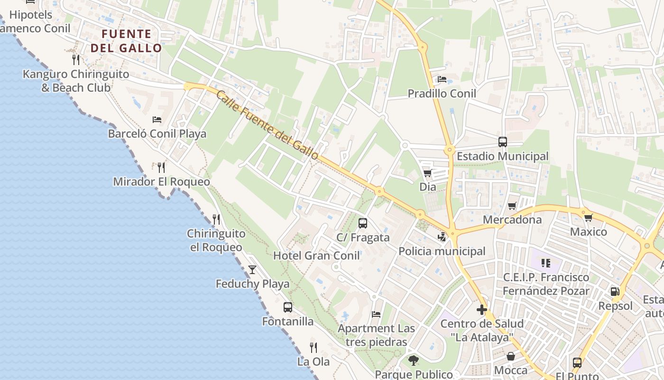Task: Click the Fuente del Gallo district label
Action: (126, 41)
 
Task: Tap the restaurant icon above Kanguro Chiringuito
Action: (75, 59)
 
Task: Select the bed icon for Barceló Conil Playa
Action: (157, 119)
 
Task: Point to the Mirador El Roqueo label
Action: (161, 182)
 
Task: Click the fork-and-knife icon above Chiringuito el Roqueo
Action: (216, 219)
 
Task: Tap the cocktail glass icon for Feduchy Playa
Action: (252, 270)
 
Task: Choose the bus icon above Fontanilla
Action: (288, 307)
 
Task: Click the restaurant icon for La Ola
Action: (313, 347)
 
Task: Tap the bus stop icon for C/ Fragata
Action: (363, 223)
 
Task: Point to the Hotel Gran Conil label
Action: (316, 256)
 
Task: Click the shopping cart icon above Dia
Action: (427, 173)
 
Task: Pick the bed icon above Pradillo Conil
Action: (442, 79)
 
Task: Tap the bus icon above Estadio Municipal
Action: (503, 142)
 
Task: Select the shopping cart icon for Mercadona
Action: (512, 206)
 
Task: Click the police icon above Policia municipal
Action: (442, 237)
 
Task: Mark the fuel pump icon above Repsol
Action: (615, 291)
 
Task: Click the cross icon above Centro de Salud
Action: (482, 310)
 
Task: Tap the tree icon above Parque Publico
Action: (414, 360)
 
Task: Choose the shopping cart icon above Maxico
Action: (589, 218)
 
